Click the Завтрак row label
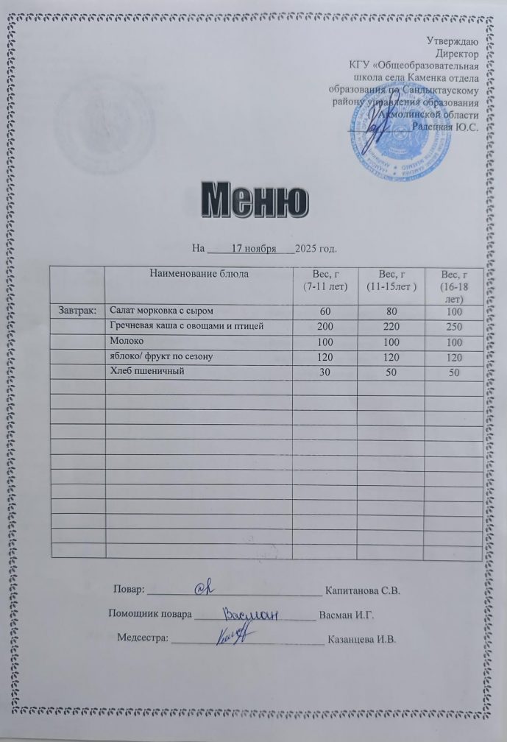click(x=77, y=311)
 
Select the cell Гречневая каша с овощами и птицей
click(x=185, y=325)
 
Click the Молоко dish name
click(x=127, y=342)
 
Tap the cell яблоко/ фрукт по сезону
click(x=161, y=357)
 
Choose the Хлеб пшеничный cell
click(x=146, y=371)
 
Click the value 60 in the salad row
click(x=325, y=312)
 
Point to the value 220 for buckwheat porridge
click(x=388, y=328)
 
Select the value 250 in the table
click(x=455, y=328)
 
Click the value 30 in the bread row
click(x=325, y=372)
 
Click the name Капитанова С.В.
click(x=363, y=590)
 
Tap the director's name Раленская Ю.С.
click(x=446, y=127)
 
